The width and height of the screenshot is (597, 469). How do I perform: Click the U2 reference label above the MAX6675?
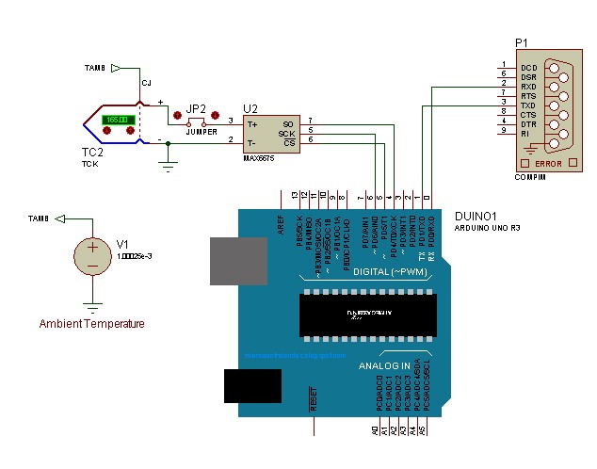(250, 108)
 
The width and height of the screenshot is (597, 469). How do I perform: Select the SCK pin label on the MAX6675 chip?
(286, 133)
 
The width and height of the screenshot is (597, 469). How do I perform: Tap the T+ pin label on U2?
(251, 123)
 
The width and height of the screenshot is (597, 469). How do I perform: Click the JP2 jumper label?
(196, 108)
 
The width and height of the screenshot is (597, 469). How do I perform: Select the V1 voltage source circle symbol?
(92, 255)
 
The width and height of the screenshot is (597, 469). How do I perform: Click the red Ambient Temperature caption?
(92, 324)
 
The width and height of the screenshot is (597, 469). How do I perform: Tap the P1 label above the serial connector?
(522, 44)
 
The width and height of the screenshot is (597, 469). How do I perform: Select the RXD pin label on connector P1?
(528, 86)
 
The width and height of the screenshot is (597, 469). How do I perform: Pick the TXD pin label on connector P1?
(528, 104)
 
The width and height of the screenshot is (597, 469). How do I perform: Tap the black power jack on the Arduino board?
(252, 387)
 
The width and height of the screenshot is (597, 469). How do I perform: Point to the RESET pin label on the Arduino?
(313, 400)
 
